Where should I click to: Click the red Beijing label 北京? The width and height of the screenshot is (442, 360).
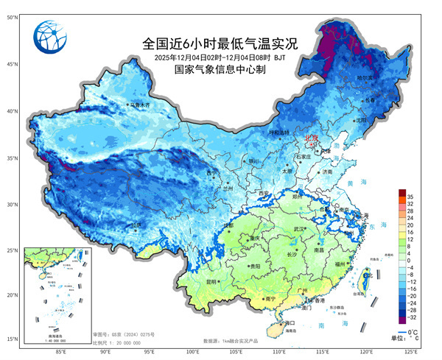[312, 138]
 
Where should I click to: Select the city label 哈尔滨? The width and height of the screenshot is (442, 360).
[366, 77]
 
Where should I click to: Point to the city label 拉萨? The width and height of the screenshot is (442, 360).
[135, 225]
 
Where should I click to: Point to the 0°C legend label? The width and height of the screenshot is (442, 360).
[417, 333]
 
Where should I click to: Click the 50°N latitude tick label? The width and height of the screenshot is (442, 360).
[13, 15]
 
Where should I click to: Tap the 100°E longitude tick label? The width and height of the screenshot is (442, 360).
[193, 351]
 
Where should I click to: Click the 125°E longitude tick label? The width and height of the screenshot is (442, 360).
[412, 351]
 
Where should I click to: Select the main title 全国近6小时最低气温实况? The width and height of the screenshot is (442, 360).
[220, 43]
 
